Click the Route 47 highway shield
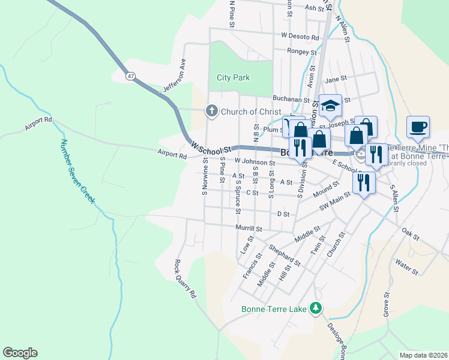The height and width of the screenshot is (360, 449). tap(130, 76)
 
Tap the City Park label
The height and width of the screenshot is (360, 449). tap(234, 77)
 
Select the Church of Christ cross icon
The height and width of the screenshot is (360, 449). tap(211, 111)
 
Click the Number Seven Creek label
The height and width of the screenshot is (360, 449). tap(77, 171)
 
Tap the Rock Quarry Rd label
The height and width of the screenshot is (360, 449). tap(185, 279)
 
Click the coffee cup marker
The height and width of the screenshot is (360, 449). tap(418, 128)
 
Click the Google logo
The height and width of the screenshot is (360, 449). tap(20, 353)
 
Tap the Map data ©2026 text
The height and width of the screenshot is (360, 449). tap(424, 355)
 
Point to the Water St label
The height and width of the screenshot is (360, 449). tap(407, 266)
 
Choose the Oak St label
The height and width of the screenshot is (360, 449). tap(411, 234)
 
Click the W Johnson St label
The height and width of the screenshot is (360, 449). tap(255, 162)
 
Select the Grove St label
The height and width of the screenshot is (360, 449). tap(386, 304)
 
